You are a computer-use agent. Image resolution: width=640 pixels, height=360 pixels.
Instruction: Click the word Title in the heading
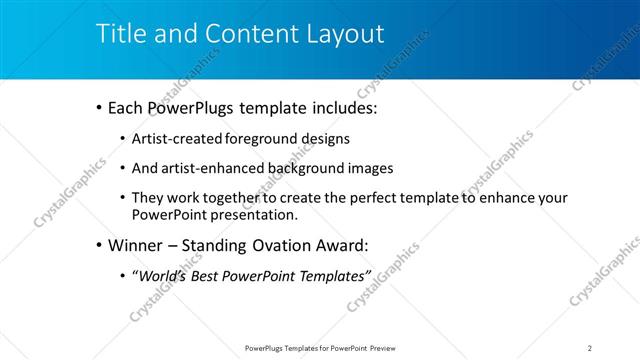pyautogui.click(x=119, y=33)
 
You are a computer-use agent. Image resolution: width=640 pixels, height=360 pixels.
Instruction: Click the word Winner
pyautogui.click(x=135, y=245)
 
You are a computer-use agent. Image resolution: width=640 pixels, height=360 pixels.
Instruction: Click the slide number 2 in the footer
pyautogui.click(x=590, y=347)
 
